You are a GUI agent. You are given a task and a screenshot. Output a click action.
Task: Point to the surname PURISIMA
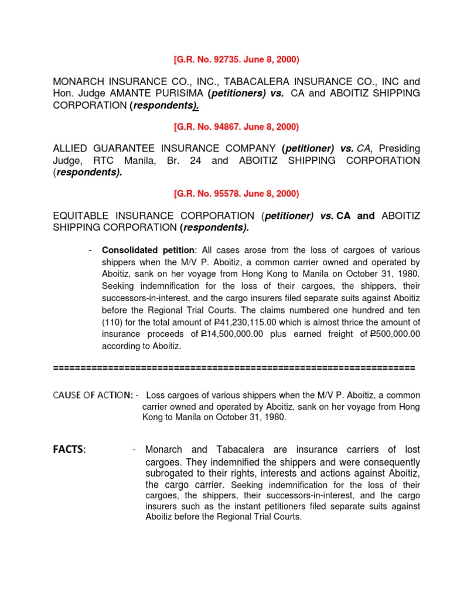174,93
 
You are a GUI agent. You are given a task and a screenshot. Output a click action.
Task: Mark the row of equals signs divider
234,368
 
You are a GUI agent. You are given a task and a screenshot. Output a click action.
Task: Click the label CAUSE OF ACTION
93,395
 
